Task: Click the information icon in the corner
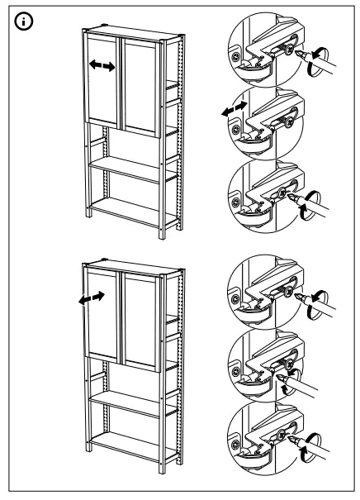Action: (x=17, y=17)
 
